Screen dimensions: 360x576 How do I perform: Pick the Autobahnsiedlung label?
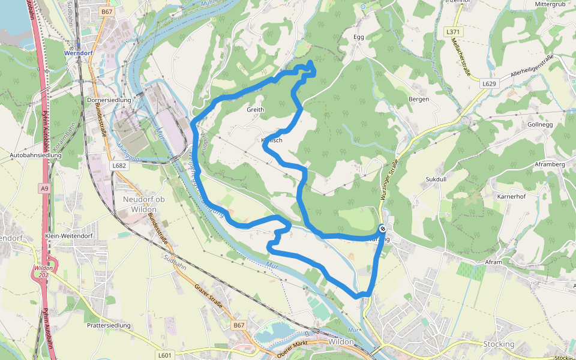(x=36, y=155)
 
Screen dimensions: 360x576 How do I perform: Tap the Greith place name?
(x=255, y=110)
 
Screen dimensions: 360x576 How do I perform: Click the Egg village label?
(x=359, y=37)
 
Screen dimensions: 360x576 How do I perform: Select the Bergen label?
(x=419, y=99)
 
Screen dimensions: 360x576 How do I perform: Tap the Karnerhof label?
(x=512, y=196)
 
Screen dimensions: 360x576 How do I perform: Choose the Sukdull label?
(x=437, y=179)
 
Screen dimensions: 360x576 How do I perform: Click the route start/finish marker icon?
(x=382, y=229)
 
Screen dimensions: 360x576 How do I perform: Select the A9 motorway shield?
(x=44, y=188)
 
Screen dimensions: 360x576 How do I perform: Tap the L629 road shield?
(x=489, y=84)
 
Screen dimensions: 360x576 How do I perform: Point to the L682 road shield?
(x=119, y=164)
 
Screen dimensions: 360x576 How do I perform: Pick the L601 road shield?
(x=164, y=355)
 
